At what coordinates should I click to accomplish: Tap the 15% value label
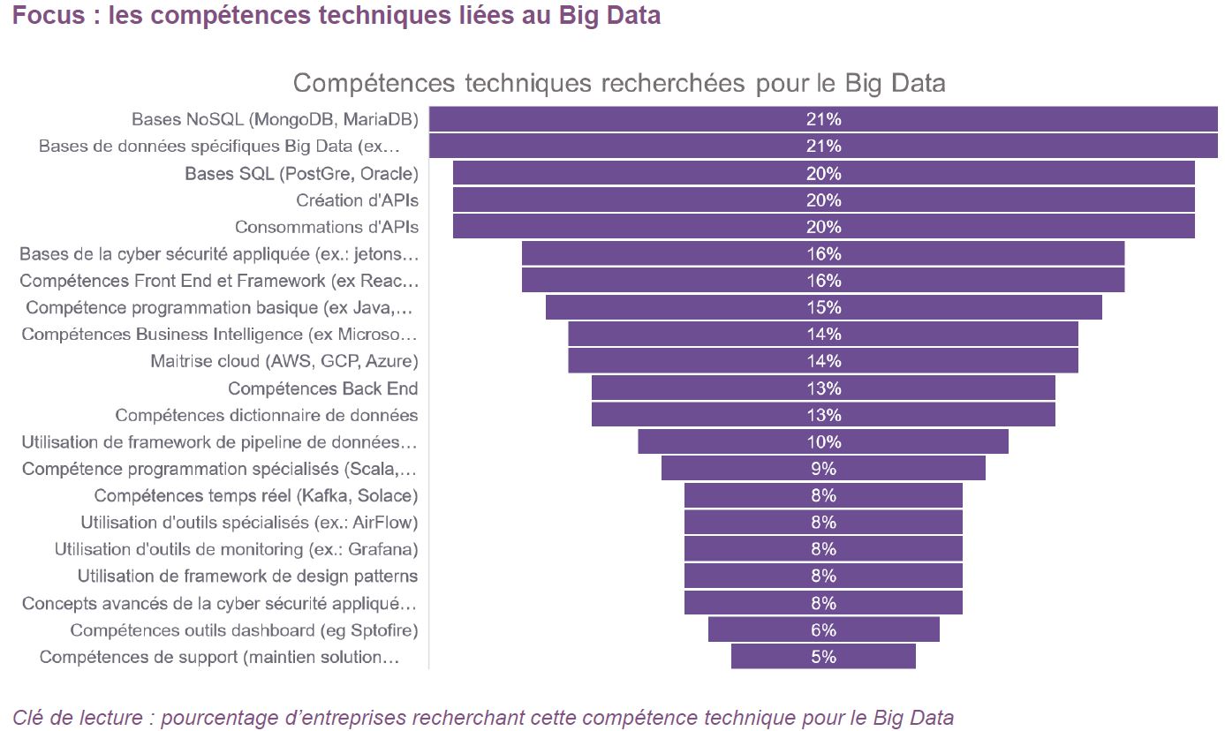(x=823, y=307)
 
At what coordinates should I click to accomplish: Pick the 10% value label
(x=823, y=442)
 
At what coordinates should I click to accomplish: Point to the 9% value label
(x=823, y=469)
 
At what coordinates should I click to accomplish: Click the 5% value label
(x=823, y=657)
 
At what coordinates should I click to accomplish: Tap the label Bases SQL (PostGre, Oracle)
(x=301, y=173)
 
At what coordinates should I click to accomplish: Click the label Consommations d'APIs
(x=326, y=227)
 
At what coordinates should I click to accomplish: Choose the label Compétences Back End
(x=322, y=388)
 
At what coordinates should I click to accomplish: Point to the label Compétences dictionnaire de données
(x=267, y=415)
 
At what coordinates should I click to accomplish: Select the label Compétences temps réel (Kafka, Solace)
(x=256, y=495)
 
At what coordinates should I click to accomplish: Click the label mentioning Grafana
(x=236, y=549)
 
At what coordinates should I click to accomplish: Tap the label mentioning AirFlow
(x=249, y=523)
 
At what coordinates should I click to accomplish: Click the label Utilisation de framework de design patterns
(x=247, y=577)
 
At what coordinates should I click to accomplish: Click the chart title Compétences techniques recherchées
(x=618, y=83)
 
